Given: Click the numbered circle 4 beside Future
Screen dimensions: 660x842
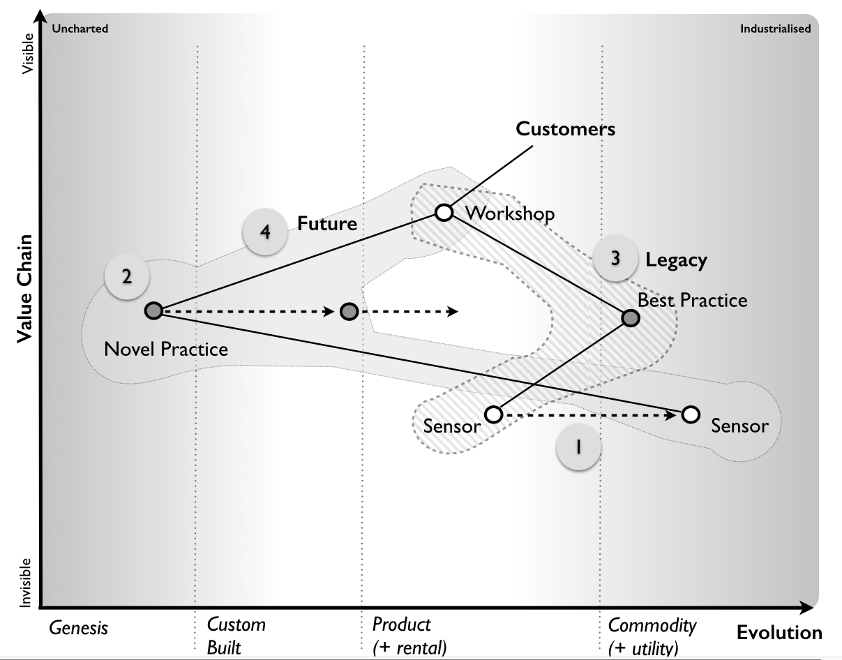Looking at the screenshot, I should click(x=265, y=232).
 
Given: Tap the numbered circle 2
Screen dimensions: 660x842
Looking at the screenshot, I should click(x=126, y=276).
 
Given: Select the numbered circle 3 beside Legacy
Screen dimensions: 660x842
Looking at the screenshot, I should click(x=615, y=258).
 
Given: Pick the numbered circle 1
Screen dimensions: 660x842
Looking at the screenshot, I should click(x=578, y=447).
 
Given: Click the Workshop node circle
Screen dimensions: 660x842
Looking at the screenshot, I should click(x=444, y=212).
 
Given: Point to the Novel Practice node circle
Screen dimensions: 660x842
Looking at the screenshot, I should click(x=153, y=311).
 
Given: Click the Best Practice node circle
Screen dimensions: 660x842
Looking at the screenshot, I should click(x=631, y=318).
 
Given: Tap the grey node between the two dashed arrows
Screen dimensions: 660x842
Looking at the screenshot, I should click(x=349, y=311).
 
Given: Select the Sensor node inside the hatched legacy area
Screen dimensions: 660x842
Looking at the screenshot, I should click(x=493, y=415).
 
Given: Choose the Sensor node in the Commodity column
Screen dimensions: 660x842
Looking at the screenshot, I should click(x=691, y=414).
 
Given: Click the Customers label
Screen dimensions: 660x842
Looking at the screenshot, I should click(x=565, y=129).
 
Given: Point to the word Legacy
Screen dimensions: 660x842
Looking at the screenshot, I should click(x=676, y=260).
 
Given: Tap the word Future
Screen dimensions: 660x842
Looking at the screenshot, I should click(x=327, y=224).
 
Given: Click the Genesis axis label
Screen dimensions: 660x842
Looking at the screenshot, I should click(x=79, y=628).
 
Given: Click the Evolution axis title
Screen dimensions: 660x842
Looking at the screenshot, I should click(x=779, y=633).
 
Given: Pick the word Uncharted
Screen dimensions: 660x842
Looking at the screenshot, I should click(x=80, y=29).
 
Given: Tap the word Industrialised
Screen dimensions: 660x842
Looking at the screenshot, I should click(x=776, y=29).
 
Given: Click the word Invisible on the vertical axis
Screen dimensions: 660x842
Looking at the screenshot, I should click(x=26, y=583).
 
